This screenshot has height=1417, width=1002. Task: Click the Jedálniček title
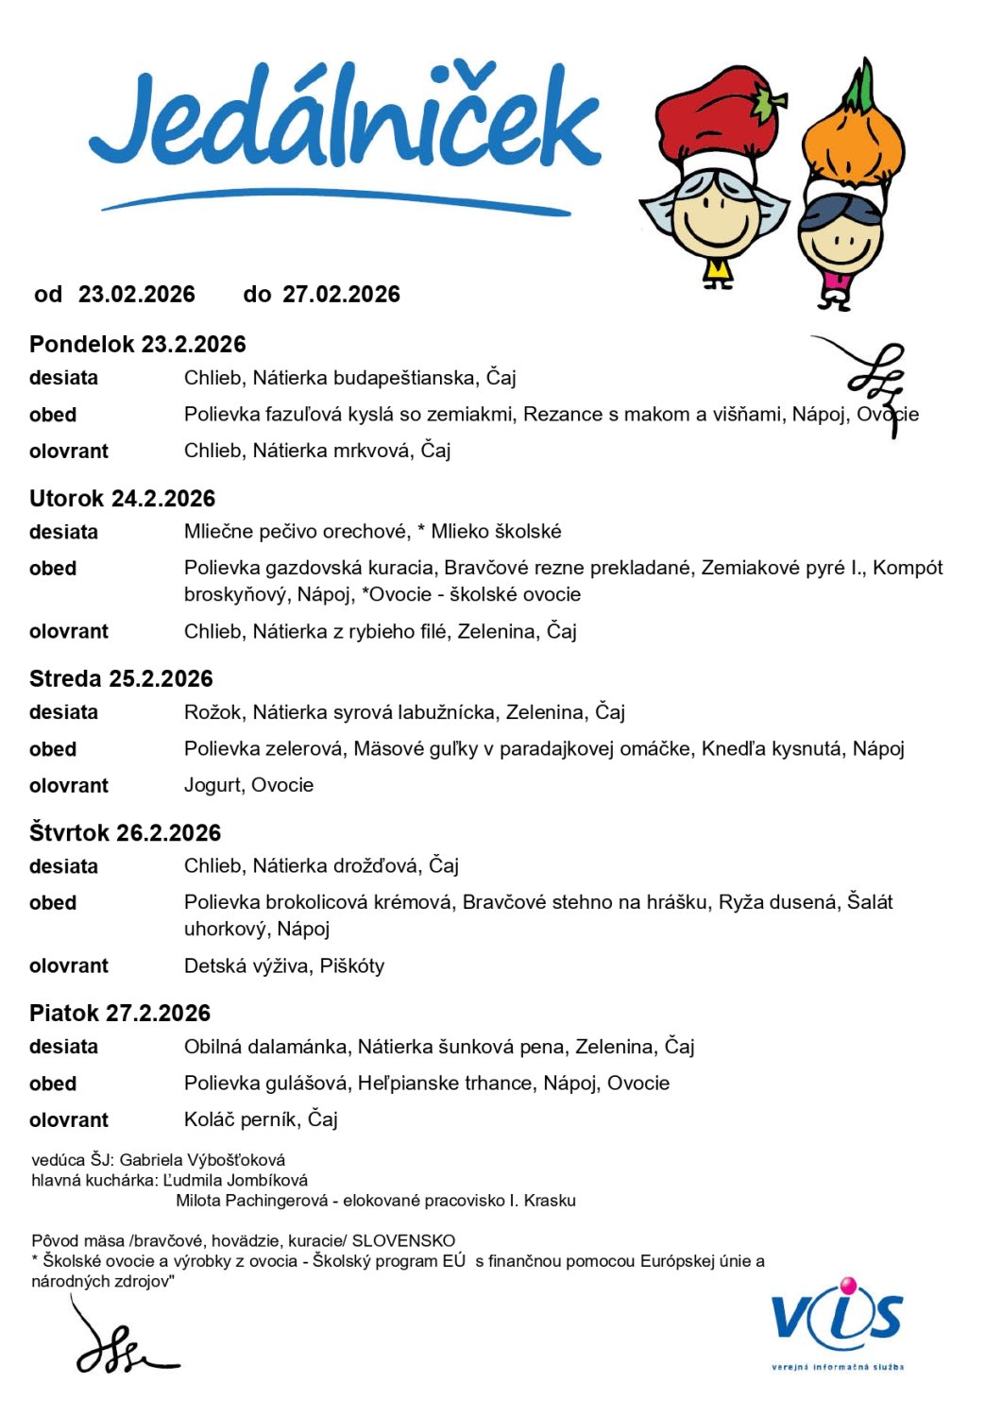(x=345, y=123)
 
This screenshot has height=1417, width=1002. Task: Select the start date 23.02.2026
(x=137, y=295)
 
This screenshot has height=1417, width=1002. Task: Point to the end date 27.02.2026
(x=341, y=295)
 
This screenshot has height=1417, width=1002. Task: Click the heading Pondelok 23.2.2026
(x=138, y=345)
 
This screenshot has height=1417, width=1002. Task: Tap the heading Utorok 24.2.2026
(x=123, y=499)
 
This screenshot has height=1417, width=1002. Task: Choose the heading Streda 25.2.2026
(x=121, y=679)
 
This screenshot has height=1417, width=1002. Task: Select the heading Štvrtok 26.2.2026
(x=126, y=833)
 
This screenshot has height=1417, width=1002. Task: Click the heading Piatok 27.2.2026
(x=120, y=1014)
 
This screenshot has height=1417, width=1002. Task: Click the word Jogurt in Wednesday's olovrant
(x=212, y=785)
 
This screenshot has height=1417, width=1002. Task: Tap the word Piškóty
(x=352, y=965)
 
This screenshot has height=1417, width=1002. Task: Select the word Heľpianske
(x=399, y=1084)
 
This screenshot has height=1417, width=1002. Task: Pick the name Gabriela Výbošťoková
(x=202, y=1160)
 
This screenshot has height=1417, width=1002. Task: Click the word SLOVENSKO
(x=403, y=1240)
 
